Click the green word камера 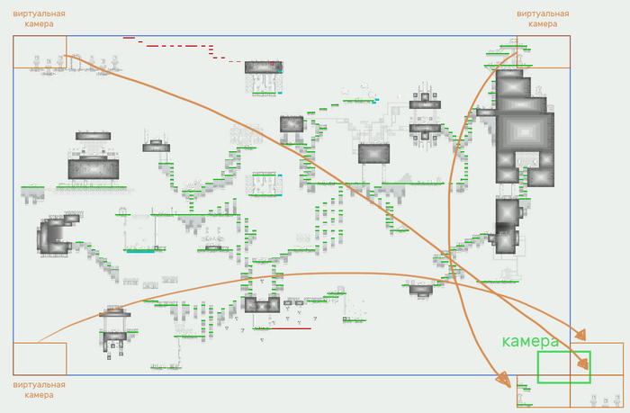pyautogui.click(x=530, y=342)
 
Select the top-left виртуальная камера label pyautogui.click(x=39, y=19)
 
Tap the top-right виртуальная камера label pyautogui.click(x=543, y=19)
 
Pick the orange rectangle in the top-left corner pyautogui.click(x=40, y=51)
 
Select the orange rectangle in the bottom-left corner pyautogui.click(x=40, y=358)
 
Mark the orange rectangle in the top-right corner pyautogui.click(x=544, y=51)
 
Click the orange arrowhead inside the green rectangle pyautogui.click(x=584, y=364)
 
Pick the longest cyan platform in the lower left pyautogui.click(x=139, y=251)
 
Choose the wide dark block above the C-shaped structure pyautogui.click(x=93, y=168)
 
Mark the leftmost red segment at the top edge pyautogui.click(x=129, y=38)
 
